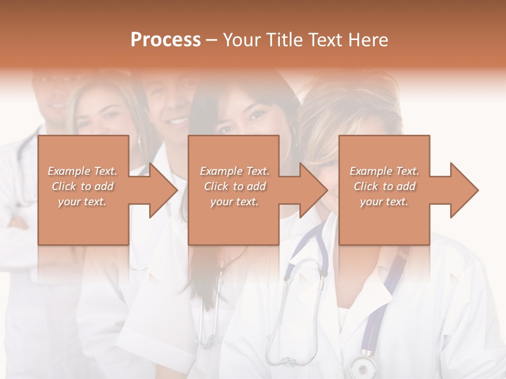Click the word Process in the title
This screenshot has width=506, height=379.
[166, 40]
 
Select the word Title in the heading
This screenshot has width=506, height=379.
[285, 40]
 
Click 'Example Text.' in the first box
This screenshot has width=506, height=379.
[83, 171]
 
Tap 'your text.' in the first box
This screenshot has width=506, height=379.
[83, 202]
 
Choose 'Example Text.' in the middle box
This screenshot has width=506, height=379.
[235, 171]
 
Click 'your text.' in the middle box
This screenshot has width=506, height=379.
[235, 202]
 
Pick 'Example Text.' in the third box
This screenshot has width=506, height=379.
[384, 171]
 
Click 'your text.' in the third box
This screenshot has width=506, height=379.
[384, 202]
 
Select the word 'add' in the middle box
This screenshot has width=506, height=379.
[256, 186]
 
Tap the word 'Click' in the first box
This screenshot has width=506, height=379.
[64, 186]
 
